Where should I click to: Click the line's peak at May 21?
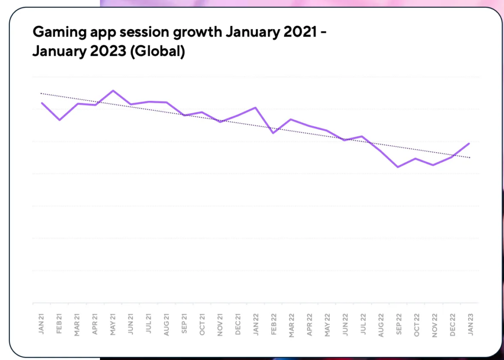(x=113, y=91)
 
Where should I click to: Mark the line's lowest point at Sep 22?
(x=398, y=167)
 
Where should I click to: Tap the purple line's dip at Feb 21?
(x=60, y=120)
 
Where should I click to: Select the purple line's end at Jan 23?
(x=469, y=143)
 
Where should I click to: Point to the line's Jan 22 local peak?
(x=255, y=107)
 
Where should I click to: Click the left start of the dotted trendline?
(x=41, y=93)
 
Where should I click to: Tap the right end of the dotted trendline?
(x=470, y=158)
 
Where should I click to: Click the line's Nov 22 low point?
(x=433, y=165)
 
